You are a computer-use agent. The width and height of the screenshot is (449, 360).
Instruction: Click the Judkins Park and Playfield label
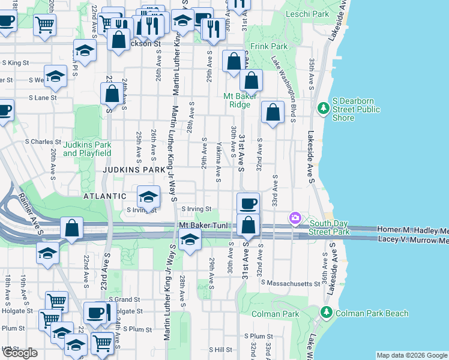(x=87, y=149)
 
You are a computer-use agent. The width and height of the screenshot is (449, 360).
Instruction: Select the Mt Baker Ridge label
(x=240, y=100)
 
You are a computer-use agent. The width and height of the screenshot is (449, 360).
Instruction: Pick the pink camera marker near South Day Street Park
(x=295, y=218)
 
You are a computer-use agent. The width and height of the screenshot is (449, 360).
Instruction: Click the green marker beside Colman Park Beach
(x=326, y=313)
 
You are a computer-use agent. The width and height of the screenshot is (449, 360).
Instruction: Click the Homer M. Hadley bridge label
(x=412, y=230)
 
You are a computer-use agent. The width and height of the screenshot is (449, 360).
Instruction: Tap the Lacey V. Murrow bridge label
(x=413, y=239)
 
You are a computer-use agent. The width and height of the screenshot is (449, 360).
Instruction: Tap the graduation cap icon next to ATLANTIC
(x=148, y=196)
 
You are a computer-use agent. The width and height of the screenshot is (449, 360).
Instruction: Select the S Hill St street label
(x=220, y=349)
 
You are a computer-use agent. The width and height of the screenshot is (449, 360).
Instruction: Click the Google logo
(x=20, y=353)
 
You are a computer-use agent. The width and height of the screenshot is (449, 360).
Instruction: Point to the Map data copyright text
(x=411, y=355)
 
